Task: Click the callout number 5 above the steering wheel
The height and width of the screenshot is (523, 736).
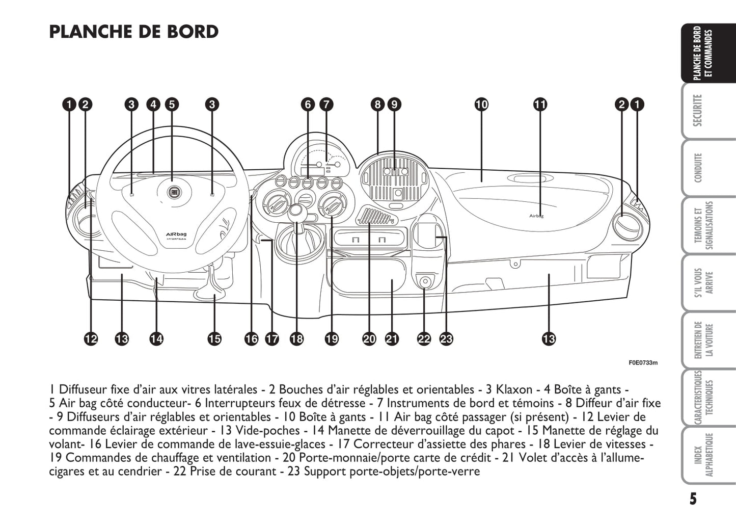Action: click(x=172, y=104)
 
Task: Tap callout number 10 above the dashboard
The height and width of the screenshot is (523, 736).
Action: click(x=481, y=104)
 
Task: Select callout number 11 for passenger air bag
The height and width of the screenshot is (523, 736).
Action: click(x=540, y=104)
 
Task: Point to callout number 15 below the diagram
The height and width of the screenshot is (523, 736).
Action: click(x=214, y=338)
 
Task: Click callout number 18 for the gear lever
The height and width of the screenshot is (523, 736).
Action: click(x=296, y=338)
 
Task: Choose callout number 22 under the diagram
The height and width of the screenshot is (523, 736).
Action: click(x=424, y=338)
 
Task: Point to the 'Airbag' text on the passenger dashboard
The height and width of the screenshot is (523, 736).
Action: click(x=536, y=216)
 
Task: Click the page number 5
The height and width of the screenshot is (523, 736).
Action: click(x=693, y=498)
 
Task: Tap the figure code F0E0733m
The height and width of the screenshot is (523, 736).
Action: click(x=643, y=363)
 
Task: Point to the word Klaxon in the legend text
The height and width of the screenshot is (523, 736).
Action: click(x=514, y=390)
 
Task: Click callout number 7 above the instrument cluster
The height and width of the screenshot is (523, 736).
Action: click(x=326, y=104)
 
